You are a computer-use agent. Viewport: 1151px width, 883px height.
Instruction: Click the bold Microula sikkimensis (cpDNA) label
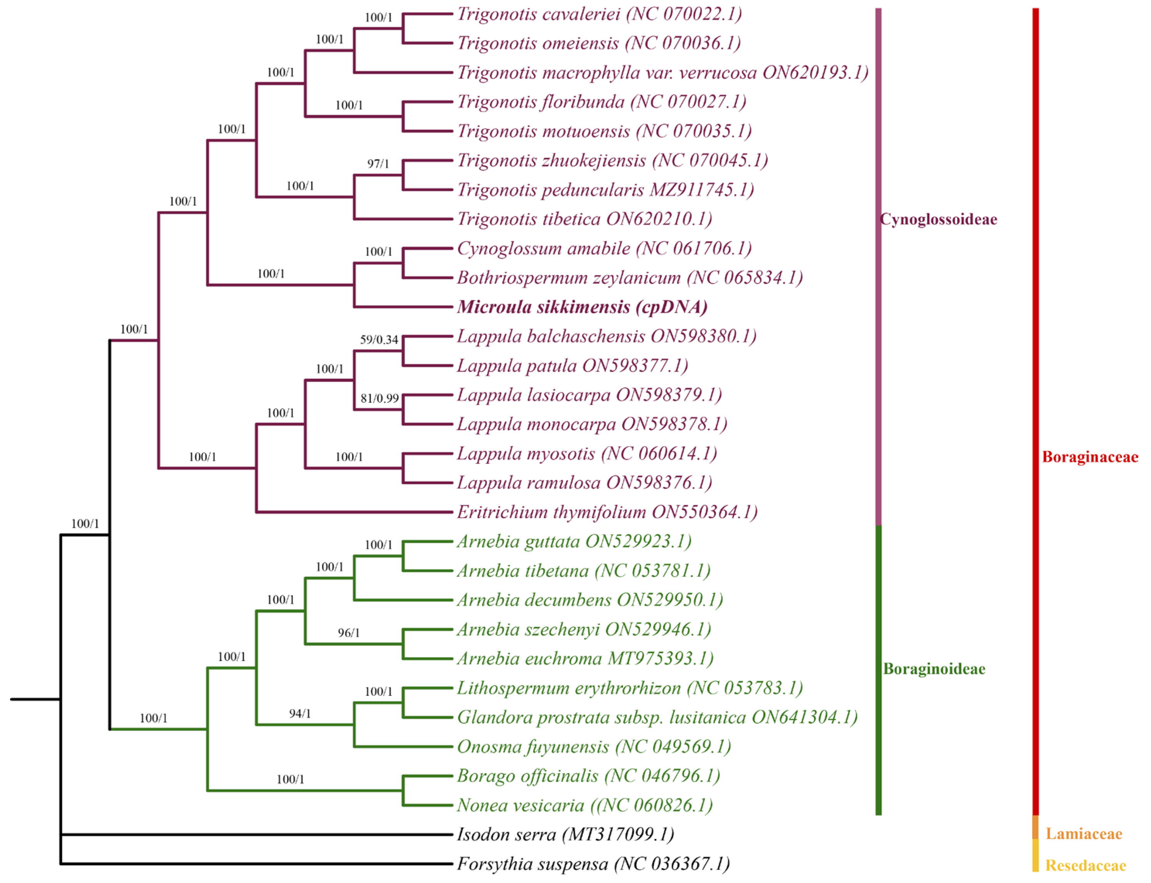582,307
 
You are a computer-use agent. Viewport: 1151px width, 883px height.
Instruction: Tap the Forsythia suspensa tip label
593,864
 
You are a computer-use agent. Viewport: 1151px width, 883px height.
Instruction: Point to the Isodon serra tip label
565,834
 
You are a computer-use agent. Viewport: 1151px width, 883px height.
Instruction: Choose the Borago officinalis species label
588,776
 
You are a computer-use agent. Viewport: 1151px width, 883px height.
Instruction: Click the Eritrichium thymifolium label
607,512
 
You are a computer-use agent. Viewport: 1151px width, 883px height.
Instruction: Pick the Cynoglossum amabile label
604,248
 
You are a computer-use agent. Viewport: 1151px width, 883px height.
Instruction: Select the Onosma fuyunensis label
594,747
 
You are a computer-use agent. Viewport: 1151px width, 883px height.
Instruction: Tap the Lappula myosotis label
587,453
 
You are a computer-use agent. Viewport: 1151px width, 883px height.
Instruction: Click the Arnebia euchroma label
585,658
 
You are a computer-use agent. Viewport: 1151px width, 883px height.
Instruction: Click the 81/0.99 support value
379,399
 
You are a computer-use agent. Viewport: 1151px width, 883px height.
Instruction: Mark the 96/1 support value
349,633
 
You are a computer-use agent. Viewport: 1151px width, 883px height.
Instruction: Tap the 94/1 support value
300,713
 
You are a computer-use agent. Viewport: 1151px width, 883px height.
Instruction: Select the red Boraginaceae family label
1090,457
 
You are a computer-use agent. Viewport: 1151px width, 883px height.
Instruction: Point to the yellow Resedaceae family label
1085,865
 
